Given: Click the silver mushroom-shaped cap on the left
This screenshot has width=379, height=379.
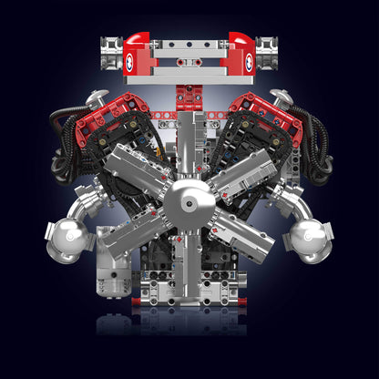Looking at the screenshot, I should [x=97, y=98].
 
